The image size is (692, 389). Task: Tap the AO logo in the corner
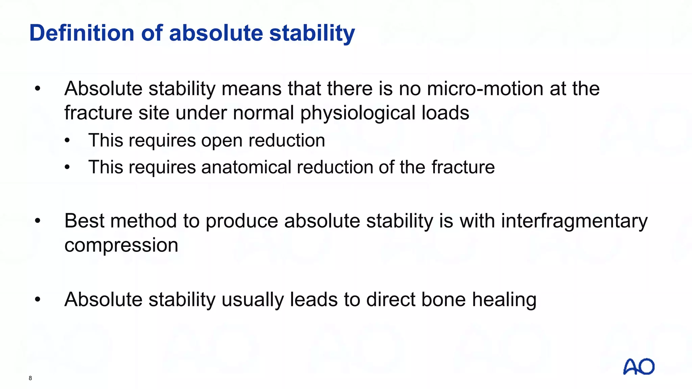[x=639, y=367]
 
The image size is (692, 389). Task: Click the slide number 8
[x=30, y=378]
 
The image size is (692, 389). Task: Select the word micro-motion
[x=485, y=89]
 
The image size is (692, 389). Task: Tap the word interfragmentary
[x=574, y=221]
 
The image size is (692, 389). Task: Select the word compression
[x=121, y=245]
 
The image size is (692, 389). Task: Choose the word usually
[x=252, y=300]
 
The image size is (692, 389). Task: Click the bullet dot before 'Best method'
[x=38, y=221]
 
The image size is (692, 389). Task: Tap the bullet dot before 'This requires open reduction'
[x=67, y=140]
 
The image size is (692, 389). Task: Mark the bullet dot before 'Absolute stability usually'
[x=38, y=300]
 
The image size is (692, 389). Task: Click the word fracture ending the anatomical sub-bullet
[x=463, y=167]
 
